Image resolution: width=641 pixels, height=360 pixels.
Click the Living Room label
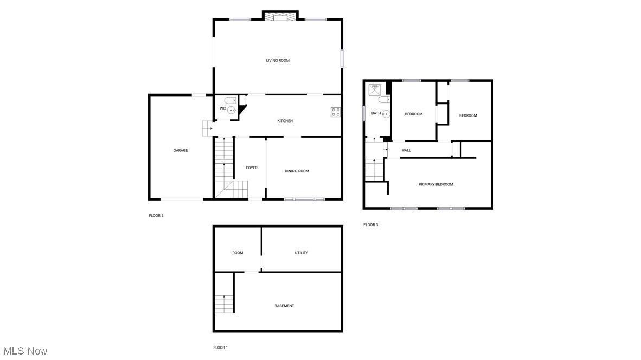click(x=277, y=60)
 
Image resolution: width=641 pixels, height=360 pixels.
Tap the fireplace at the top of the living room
click(x=280, y=17)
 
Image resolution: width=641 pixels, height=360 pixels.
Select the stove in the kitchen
click(x=336, y=112)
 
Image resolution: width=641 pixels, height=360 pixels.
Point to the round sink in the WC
click(x=232, y=110)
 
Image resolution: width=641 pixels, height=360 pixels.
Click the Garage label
click(x=181, y=150)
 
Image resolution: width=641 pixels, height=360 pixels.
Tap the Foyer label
click(x=252, y=168)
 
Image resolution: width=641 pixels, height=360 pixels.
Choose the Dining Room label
click(x=297, y=171)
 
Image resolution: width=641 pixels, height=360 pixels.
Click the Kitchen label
click(x=285, y=121)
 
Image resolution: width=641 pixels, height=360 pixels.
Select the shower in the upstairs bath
click(x=375, y=88)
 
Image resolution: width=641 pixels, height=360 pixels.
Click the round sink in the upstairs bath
click(x=386, y=114)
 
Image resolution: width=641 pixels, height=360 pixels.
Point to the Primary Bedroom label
click(x=435, y=184)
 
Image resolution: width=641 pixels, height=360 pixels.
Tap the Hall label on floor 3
click(x=406, y=150)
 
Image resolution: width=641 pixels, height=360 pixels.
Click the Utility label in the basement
click(x=302, y=253)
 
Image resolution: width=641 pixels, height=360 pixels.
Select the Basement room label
click(x=284, y=306)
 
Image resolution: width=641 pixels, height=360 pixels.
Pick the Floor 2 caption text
click(x=156, y=215)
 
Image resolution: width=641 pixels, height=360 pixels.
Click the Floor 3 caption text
click(x=370, y=224)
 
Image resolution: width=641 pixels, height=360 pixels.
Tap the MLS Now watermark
click(x=24, y=351)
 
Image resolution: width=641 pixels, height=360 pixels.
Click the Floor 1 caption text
click(x=220, y=348)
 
